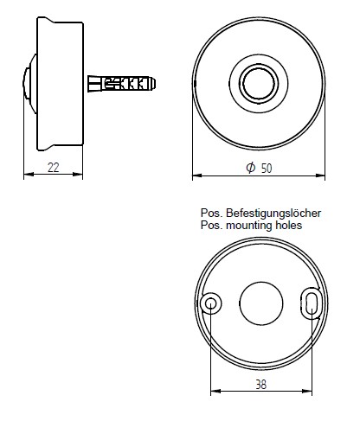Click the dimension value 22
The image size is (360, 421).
click(x=54, y=168)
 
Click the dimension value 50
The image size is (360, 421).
click(x=266, y=168)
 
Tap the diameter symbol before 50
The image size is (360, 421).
click(x=250, y=168)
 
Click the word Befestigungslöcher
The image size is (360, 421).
click(x=273, y=212)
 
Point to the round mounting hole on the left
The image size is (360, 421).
click(x=210, y=303)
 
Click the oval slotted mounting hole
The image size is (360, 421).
click(x=311, y=302)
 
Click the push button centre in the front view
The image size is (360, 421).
click(x=259, y=84)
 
